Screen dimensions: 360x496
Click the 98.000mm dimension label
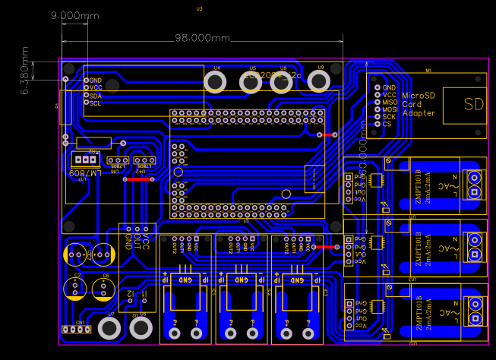click(x=201, y=38)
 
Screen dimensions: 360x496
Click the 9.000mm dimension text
click(x=74, y=15)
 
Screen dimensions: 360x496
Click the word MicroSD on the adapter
click(x=419, y=96)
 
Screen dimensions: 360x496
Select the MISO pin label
click(x=390, y=102)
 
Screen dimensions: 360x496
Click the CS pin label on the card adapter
click(x=387, y=124)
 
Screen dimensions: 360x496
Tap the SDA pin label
click(x=95, y=96)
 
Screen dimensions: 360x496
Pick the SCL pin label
click(x=95, y=103)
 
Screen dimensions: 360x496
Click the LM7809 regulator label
click(x=84, y=174)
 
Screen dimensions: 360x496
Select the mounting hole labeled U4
click(x=216, y=82)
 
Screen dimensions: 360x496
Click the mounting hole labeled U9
click(x=320, y=82)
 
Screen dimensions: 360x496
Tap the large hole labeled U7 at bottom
click(x=109, y=328)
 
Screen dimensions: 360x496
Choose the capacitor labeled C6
click(x=105, y=287)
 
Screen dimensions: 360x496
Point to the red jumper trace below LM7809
click(x=141, y=179)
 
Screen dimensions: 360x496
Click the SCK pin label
click(x=389, y=116)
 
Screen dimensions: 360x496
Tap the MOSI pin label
click(x=390, y=109)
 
